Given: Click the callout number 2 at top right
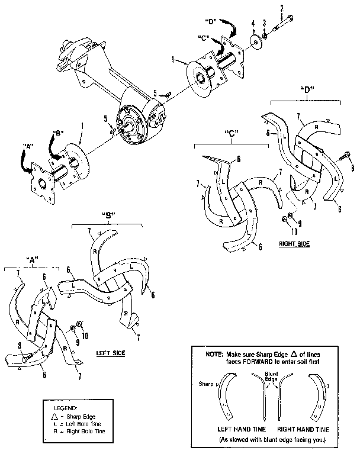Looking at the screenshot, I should tap(282, 8).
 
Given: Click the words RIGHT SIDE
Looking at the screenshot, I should tap(293, 243).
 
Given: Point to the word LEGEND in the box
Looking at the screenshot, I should tap(66, 408).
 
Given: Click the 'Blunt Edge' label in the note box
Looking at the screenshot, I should tap(272, 376).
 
